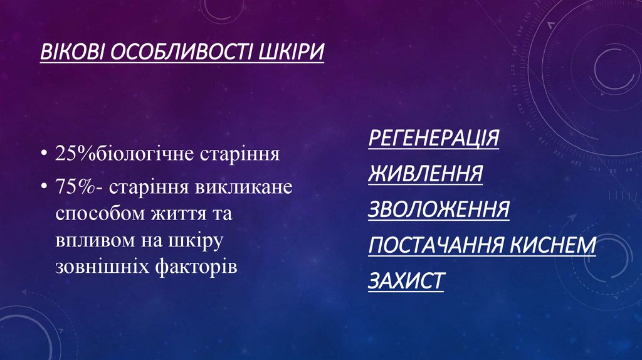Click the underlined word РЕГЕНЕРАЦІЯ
tap(433, 137)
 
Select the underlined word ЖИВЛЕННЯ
tap(425, 173)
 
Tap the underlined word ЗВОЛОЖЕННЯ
tap(438, 209)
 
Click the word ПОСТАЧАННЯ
tap(437, 245)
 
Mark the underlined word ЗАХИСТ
tap(406, 280)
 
